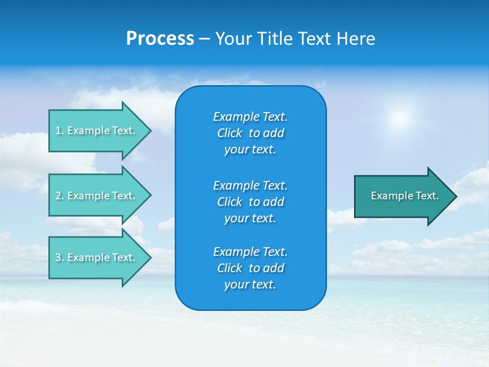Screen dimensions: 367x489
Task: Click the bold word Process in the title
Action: coord(160,39)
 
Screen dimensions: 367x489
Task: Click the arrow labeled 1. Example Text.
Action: coord(97,130)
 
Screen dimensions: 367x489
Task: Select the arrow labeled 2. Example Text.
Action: coord(97,196)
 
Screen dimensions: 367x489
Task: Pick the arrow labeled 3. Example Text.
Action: coord(97,257)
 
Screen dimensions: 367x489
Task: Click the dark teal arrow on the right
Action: coord(402,196)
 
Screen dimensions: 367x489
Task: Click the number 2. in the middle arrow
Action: coord(60,196)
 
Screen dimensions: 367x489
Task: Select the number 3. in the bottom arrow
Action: coord(60,257)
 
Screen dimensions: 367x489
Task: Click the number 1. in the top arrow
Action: coord(60,130)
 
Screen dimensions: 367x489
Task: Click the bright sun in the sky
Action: coord(400,118)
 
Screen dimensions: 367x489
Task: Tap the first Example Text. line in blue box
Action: coord(250,117)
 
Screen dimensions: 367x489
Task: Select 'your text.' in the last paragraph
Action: coord(250,284)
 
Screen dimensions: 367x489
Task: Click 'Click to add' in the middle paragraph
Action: coord(250,202)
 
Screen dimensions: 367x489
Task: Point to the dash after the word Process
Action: coord(204,39)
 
